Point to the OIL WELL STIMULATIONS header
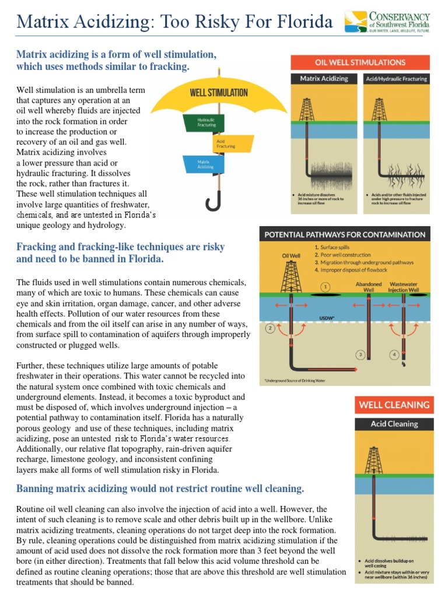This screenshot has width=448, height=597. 360,62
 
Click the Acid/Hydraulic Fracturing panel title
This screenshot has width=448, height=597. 395,79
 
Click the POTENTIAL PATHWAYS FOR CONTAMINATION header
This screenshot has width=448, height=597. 345,234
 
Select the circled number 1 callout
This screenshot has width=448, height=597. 325,287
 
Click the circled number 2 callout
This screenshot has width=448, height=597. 270,329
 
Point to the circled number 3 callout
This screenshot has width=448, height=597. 361,354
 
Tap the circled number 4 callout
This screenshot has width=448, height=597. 394,354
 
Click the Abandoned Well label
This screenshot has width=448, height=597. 369,285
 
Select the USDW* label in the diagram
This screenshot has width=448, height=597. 328,318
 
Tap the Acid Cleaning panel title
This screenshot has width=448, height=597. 394,424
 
